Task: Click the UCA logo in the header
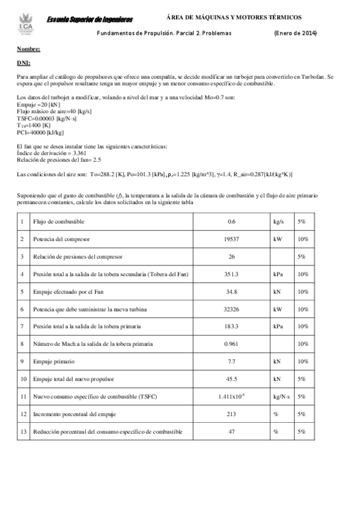[25, 23]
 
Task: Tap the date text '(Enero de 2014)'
[294, 33]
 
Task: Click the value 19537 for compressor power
[231, 239]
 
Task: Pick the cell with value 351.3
[231, 274]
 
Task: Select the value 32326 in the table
[231, 309]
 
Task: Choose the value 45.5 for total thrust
[231, 379]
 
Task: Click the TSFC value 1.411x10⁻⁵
[231, 396]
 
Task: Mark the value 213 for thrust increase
[231, 414]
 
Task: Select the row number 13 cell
[22, 432]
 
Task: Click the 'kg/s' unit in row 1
[278, 221]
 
